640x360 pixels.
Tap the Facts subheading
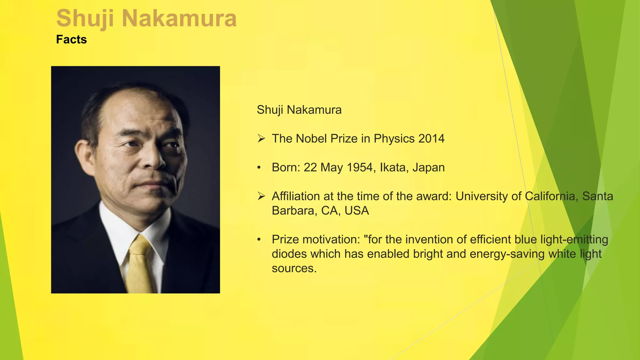click(x=71, y=40)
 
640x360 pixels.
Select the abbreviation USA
click(x=357, y=211)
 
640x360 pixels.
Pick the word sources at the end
click(x=294, y=268)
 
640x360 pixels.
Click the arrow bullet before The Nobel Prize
click(x=261, y=138)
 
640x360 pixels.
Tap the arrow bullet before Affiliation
click(x=261, y=196)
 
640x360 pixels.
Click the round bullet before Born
click(x=259, y=168)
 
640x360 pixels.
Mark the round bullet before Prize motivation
click(x=259, y=240)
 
